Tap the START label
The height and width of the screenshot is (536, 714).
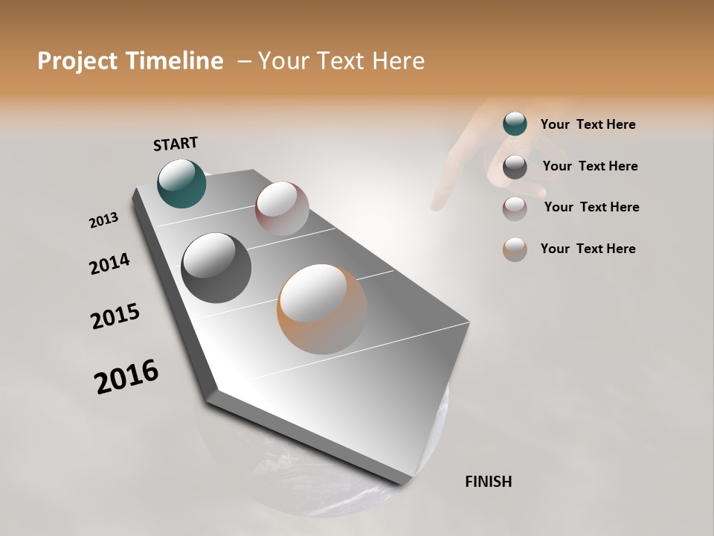click(x=176, y=144)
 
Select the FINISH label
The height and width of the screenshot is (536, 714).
click(x=489, y=482)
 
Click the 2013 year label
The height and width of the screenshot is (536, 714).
click(x=103, y=220)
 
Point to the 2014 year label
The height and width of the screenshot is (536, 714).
click(x=109, y=264)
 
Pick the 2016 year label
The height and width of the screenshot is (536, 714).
click(x=126, y=377)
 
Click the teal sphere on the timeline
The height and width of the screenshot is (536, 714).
click(x=182, y=183)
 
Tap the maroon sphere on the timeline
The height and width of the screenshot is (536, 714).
click(x=282, y=208)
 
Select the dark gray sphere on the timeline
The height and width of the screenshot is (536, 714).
click(x=216, y=268)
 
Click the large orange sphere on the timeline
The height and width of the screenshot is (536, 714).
click(x=322, y=309)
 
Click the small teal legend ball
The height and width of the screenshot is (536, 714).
click(x=515, y=124)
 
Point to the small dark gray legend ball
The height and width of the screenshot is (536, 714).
click(x=515, y=167)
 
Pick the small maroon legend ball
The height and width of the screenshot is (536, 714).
click(x=515, y=208)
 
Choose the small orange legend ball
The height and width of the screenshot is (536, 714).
click(x=515, y=249)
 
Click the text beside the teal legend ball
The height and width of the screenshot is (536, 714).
click(x=588, y=125)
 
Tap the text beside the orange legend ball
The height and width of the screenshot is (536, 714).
click(x=588, y=249)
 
